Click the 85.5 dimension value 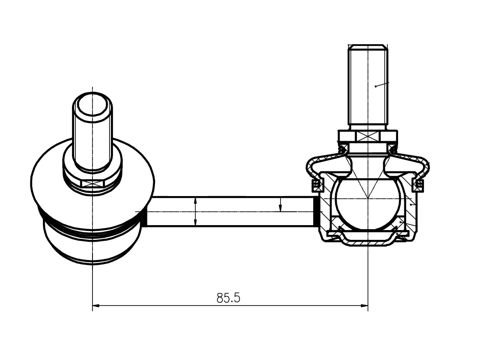point(228,298)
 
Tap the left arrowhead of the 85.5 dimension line point(96,306)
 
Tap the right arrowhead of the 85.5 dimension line point(364,306)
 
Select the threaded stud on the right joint point(368,87)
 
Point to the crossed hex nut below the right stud point(368,136)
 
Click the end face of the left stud point(92,105)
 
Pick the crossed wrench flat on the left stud point(92,184)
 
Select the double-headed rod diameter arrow point(195,211)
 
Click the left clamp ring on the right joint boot point(315,185)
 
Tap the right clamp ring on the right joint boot point(418,185)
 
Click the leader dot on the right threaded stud point(375,86)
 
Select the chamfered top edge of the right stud point(368,47)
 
